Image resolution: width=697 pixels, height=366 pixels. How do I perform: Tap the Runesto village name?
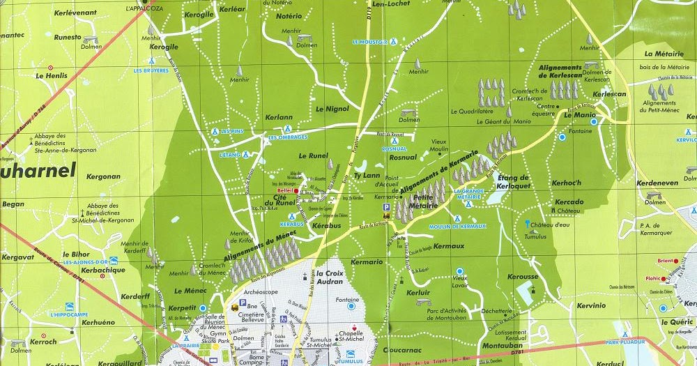(68, 37)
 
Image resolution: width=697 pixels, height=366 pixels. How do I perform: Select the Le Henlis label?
(50, 75)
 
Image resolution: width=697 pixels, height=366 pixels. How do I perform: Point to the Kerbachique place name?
(103, 270)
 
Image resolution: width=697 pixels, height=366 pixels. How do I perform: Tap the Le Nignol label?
(332, 109)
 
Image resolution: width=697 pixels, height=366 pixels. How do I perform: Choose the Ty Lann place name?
(367, 176)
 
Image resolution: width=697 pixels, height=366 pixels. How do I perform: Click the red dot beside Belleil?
(296, 190)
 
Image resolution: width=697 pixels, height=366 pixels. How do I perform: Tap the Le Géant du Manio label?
(500, 122)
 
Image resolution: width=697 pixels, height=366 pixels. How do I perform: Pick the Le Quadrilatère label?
(472, 111)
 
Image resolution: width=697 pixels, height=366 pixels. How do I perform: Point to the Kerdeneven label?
(657, 183)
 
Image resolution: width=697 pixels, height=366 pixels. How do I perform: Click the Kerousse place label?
(523, 277)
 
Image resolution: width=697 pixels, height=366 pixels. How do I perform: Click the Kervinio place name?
(591, 305)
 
